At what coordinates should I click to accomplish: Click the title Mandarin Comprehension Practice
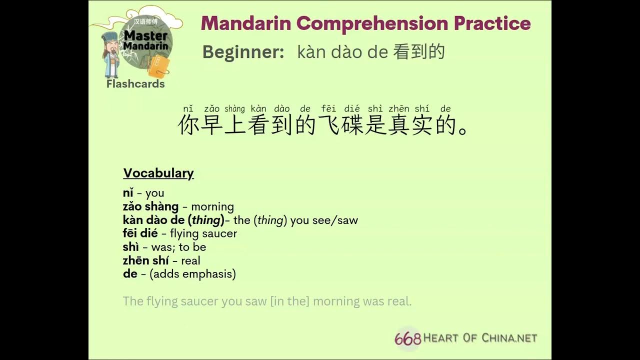365,23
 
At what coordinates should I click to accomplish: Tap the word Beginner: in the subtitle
243,51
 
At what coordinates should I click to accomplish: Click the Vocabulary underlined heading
158,173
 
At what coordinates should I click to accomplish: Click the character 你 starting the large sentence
188,125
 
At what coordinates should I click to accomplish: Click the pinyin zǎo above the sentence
211,109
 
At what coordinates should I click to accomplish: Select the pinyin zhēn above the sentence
398,109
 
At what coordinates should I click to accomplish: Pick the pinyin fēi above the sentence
328,109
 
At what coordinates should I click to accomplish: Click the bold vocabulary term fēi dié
140,233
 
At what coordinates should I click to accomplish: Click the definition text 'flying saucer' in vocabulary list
203,233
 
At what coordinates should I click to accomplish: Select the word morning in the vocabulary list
212,206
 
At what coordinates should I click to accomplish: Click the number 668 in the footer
407,338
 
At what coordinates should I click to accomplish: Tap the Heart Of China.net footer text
480,338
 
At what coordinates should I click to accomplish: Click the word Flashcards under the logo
135,84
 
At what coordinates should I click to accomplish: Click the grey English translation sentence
267,301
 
